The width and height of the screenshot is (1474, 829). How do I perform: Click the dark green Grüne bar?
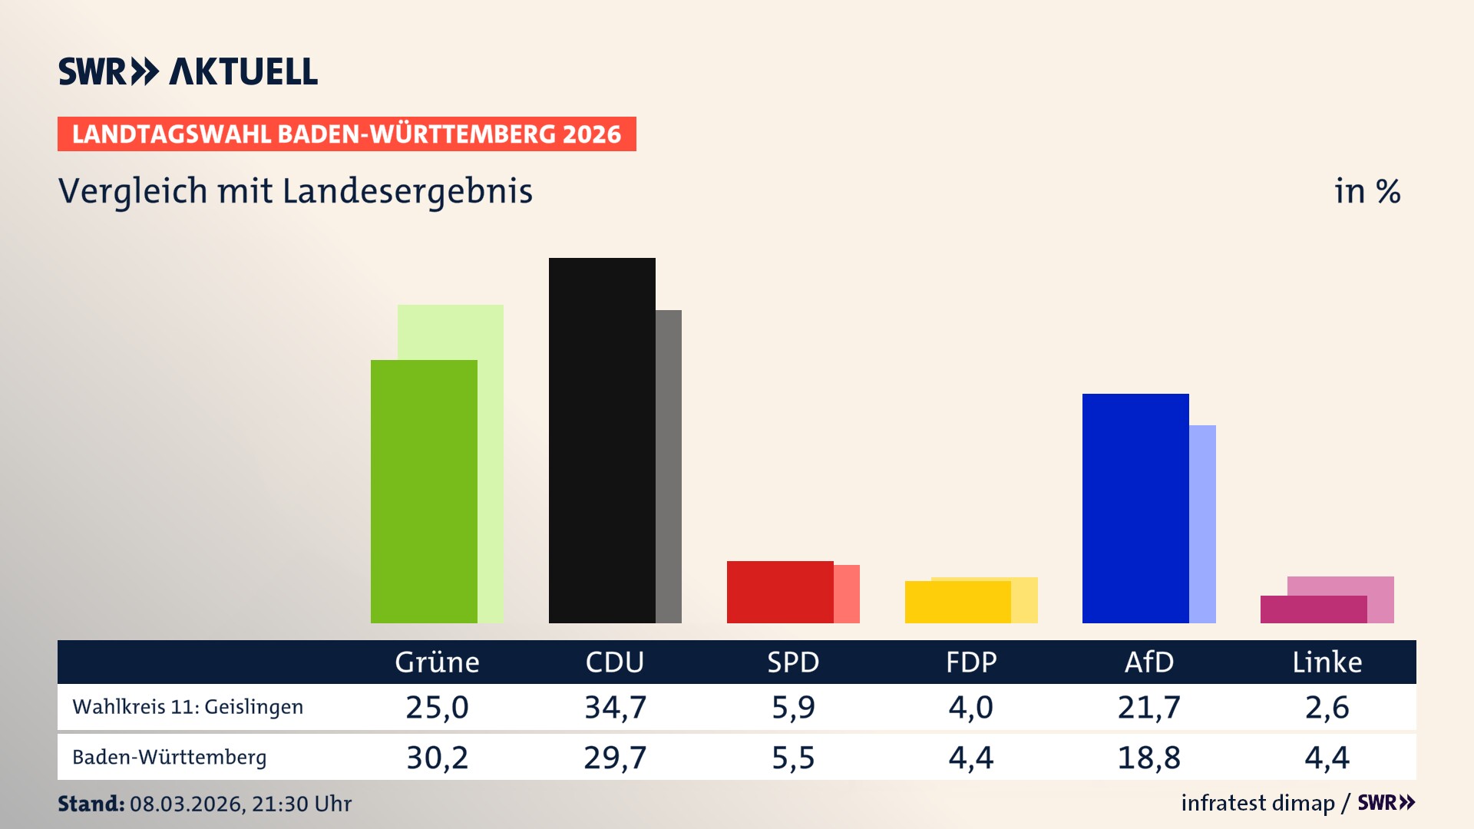[424, 491]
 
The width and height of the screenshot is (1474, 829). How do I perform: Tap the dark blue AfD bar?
[1135, 508]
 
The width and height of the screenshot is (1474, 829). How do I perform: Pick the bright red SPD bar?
[780, 592]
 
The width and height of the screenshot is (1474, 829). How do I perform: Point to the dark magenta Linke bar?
[1314, 609]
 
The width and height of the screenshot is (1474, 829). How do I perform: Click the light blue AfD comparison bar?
[1203, 523]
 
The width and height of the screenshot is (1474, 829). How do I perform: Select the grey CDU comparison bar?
[669, 466]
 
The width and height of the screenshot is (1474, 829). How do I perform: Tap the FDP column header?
[971, 662]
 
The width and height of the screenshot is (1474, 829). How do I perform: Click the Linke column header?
[1327, 662]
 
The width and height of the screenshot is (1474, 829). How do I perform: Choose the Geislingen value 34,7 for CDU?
[615, 707]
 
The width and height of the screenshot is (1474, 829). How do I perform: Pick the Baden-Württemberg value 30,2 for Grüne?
[437, 758]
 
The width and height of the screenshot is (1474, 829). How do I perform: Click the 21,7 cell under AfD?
[1148, 707]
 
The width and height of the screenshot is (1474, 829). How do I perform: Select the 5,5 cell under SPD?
[793, 758]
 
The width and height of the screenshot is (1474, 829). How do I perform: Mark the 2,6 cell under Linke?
[1327, 707]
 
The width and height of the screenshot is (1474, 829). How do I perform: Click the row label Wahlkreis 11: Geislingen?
[187, 707]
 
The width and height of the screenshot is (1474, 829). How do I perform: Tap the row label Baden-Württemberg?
[169, 758]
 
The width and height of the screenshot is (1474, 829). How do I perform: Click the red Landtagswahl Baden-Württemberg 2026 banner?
[346, 134]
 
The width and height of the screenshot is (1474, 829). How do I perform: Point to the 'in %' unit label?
[1367, 191]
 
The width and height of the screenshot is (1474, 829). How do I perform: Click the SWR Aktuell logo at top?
[187, 71]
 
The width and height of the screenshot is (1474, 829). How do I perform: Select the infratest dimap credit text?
[1258, 803]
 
